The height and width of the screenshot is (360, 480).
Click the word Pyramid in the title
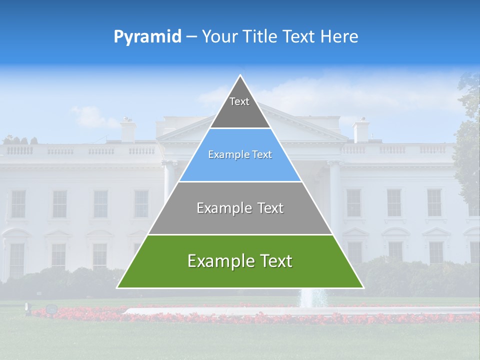coord(147,37)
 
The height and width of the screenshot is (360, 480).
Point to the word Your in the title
coord(219,37)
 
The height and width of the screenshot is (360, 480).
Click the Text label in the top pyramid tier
coord(239,101)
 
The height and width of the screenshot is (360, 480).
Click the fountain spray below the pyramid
coord(312,298)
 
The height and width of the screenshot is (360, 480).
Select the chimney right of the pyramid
coord(360,131)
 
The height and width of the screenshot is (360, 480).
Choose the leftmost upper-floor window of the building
coord(18,203)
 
